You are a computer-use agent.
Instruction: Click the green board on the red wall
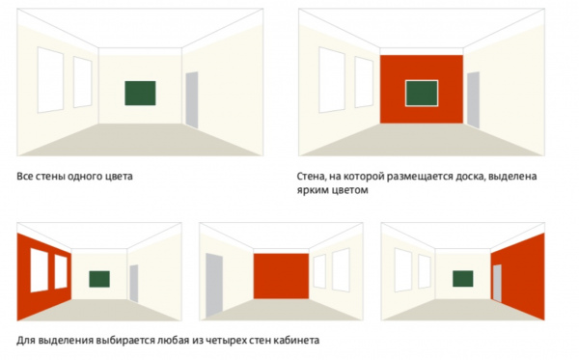point(422,93)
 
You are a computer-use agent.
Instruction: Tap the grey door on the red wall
point(497,283)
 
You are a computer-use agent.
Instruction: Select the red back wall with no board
point(281,276)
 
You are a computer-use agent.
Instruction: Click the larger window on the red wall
point(40,270)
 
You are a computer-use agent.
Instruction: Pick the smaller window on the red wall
point(61,271)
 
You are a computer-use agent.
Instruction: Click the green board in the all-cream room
point(140,93)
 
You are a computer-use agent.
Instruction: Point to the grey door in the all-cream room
point(192,100)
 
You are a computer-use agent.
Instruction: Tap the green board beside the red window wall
point(99,279)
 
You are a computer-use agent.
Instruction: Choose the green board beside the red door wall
point(462,278)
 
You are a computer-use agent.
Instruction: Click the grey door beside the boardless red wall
point(214,285)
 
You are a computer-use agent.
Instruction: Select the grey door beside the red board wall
point(474,100)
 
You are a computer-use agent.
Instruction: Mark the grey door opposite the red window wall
point(134,283)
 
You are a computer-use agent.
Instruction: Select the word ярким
point(310,190)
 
